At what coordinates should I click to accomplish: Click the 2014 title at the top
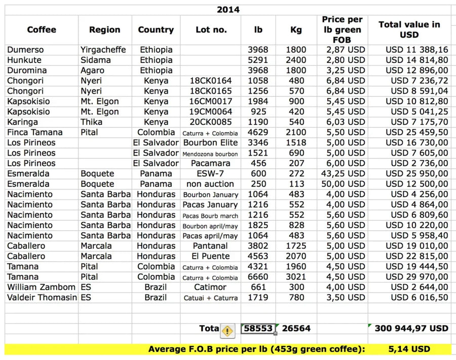pyautogui.click(x=228, y=10)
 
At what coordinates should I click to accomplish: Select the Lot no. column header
pyautogui.click(x=211, y=30)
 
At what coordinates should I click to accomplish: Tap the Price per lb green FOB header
pyautogui.click(x=342, y=30)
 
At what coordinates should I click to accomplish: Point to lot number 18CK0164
pyautogui.click(x=211, y=81)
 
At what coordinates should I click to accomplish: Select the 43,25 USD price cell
pyautogui.click(x=342, y=173)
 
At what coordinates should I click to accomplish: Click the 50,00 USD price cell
pyautogui.click(x=342, y=184)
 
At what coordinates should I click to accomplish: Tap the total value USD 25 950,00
pyautogui.click(x=416, y=173)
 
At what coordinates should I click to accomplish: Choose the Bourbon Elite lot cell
pyautogui.click(x=211, y=142)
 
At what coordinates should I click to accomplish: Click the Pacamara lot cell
pyautogui.click(x=211, y=163)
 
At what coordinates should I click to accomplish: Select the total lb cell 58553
pyautogui.click(x=258, y=329)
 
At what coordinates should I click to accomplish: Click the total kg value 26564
pyautogui.click(x=296, y=329)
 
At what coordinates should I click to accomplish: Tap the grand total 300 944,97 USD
pyautogui.click(x=411, y=329)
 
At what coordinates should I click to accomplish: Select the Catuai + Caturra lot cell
pyautogui.click(x=211, y=298)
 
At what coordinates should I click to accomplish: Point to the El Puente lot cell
pyautogui.click(x=211, y=256)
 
